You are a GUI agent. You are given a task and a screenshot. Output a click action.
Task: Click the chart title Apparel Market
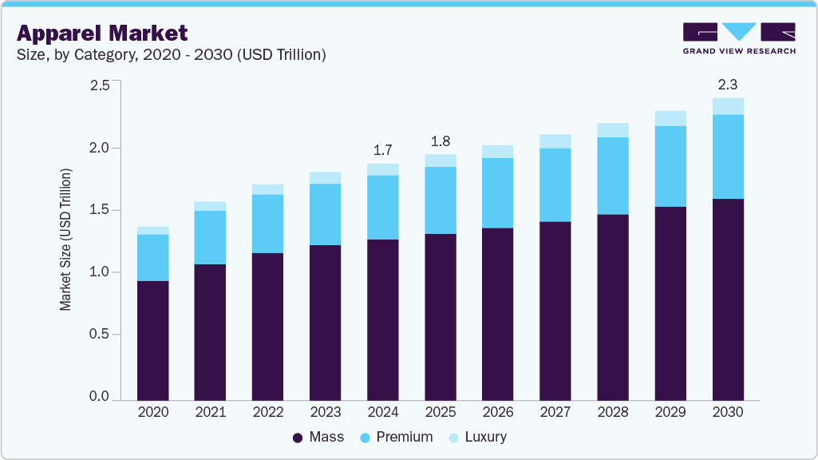tap(102, 33)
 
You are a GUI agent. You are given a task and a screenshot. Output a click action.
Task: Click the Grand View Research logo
tap(738, 38)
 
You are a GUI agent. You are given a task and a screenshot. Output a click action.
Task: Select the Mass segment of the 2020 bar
tap(152, 340)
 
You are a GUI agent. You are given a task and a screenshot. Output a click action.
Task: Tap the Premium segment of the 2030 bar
tap(727, 157)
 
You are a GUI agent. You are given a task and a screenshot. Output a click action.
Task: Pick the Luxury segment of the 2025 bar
tap(440, 161)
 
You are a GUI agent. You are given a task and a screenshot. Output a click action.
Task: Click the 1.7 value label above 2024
tap(382, 150)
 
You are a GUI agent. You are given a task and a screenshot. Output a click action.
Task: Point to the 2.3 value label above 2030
tap(727, 84)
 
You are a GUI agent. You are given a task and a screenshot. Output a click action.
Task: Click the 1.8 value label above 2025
tap(440, 141)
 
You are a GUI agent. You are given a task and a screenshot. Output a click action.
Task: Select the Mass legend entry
tap(318, 437)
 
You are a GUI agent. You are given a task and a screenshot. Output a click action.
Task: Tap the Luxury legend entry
tap(476, 437)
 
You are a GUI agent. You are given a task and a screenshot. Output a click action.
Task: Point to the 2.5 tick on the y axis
tap(99, 85)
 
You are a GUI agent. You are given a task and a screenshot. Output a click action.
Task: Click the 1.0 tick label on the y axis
tap(99, 272)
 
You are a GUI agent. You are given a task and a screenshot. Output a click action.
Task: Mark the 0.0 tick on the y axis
tap(99, 397)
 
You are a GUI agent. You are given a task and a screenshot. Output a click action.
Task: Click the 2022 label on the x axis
tap(267, 413)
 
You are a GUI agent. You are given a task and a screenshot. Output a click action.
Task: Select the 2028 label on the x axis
tap(612, 413)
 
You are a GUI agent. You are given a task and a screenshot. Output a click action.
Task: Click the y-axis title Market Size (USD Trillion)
tap(66, 240)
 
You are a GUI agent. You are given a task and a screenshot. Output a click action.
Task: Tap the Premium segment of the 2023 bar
tap(325, 214)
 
